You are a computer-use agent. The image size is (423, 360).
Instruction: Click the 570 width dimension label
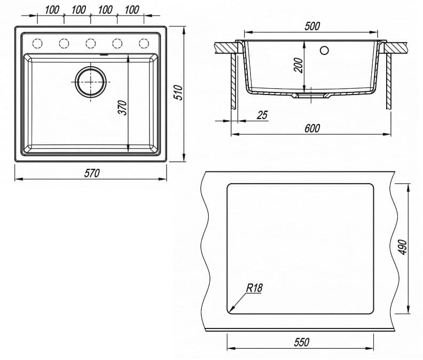tap(92, 173)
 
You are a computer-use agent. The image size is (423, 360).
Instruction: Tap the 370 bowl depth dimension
tap(122, 107)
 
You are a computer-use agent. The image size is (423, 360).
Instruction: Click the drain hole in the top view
tap(91, 82)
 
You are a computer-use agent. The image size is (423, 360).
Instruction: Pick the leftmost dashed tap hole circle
tap(38, 43)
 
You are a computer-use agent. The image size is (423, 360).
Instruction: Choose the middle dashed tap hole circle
tap(91, 43)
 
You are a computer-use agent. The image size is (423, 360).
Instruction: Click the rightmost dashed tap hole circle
tap(143, 43)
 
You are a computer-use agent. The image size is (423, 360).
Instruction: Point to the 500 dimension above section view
tap(312, 26)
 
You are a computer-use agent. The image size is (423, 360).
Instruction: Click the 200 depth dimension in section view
tap(298, 65)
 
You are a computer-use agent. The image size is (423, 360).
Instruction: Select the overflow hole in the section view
tap(324, 51)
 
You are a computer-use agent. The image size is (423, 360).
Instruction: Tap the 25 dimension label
tap(262, 115)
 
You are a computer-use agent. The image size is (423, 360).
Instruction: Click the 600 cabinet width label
tap(312, 128)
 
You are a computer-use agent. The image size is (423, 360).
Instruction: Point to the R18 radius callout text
tap(254, 288)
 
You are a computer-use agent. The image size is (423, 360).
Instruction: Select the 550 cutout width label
tap(301, 342)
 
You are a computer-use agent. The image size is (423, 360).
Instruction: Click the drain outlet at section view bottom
tap(312, 97)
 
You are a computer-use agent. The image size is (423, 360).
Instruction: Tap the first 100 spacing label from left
tap(51, 10)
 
